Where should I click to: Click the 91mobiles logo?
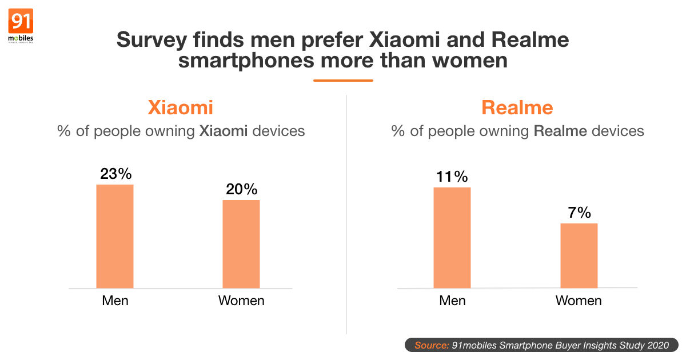point(21,26)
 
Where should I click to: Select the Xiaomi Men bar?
point(115,236)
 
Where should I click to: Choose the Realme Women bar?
point(579,255)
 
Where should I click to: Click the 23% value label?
point(115,174)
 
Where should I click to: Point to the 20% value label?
point(241,189)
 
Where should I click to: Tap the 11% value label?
point(452,177)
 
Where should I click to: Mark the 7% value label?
point(579,213)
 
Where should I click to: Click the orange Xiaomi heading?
point(181,107)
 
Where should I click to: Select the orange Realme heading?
point(517,107)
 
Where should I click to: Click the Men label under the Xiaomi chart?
point(115,300)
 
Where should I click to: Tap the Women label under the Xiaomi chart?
point(241,300)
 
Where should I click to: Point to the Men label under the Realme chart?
point(452,300)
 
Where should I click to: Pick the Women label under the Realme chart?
point(579,300)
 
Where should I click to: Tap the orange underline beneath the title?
point(343,81)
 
